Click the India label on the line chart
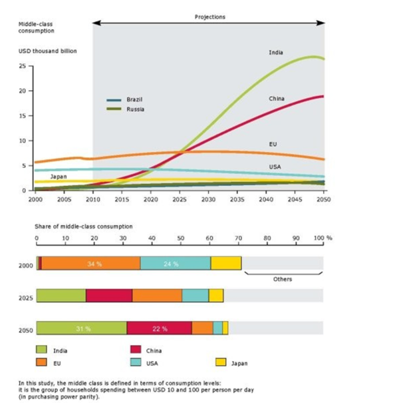point(275,52)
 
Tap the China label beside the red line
point(277,98)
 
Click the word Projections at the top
point(209,17)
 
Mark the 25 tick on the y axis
point(23,66)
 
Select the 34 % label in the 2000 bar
point(94,264)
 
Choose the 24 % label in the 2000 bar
point(171,264)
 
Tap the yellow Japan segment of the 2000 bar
point(225,263)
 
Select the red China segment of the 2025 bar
point(108,296)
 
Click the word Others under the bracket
point(283,279)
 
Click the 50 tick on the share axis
point(180,238)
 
